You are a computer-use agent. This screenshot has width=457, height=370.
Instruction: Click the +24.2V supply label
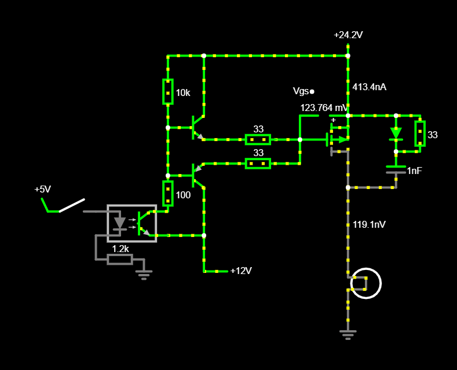pos(348,35)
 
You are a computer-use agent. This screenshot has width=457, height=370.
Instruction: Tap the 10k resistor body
pos(167,91)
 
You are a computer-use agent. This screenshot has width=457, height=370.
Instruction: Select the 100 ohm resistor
pos(167,194)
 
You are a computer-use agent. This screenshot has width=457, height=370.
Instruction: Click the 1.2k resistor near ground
pos(120,259)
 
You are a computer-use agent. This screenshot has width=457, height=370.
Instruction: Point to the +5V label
pos(42,190)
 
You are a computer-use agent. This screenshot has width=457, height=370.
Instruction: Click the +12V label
pos(241,271)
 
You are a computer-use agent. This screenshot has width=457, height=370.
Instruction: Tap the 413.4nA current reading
pos(370,87)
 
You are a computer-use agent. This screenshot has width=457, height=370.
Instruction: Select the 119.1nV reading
pos(369,224)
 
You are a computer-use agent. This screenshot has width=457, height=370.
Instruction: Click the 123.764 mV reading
pos(324,108)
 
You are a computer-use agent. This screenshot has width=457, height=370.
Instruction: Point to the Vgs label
pos(301,91)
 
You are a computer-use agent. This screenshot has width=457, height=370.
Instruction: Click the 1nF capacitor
pos(396,169)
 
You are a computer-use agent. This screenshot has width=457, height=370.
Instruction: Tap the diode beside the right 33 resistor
pos(396,134)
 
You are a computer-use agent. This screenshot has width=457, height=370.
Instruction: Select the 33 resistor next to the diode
pos(420,134)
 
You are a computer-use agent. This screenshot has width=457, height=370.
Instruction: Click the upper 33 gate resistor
pos(258,140)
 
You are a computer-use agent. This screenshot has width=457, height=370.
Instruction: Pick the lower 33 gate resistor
pos(258,164)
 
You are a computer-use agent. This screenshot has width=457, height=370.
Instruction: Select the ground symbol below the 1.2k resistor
pos(144,275)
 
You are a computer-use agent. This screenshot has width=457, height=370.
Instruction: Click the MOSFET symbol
pos(338,140)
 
